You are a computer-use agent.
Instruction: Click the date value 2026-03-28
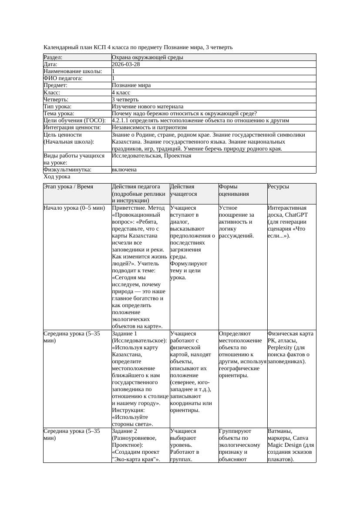pyautogui.click(x=126, y=64)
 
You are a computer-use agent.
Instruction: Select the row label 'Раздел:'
pyautogui.click(x=53, y=57)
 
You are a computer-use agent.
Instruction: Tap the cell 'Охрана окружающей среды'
pyautogui.click(x=147, y=57)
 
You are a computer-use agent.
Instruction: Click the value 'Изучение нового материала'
pyautogui.click(x=147, y=107)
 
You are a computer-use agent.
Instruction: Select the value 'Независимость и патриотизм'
pyautogui.click(x=149, y=127)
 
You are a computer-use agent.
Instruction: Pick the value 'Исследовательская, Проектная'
pyautogui.click(x=151, y=156)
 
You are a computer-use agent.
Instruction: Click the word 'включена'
pyautogui.click(x=124, y=170)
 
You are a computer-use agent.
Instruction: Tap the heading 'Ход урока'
pyautogui.click(x=57, y=177)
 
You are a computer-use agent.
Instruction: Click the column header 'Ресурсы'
pyautogui.click(x=278, y=187)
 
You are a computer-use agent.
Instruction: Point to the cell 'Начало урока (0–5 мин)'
pyautogui.click(x=74, y=208)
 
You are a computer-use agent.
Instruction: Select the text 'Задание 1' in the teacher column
pyautogui.click(x=124, y=334)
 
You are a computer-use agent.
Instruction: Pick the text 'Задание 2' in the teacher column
pyautogui.click(x=124, y=431)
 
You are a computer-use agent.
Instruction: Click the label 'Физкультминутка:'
pyautogui.click(x=67, y=170)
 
